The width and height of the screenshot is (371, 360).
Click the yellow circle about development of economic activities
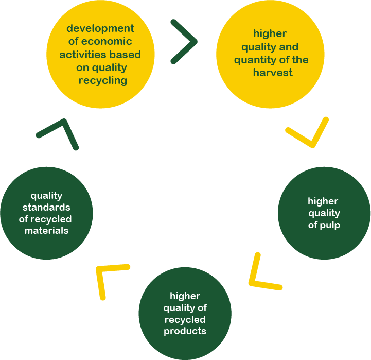tap(100, 54)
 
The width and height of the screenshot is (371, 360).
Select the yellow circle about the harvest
tap(270, 54)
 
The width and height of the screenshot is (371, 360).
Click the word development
tap(100, 28)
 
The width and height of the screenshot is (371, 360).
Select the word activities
tap(79, 55)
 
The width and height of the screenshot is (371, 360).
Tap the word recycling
tap(103, 80)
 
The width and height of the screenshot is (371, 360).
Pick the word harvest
tap(273, 73)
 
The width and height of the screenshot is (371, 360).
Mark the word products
tap(185, 331)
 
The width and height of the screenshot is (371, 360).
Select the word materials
tap(46, 231)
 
